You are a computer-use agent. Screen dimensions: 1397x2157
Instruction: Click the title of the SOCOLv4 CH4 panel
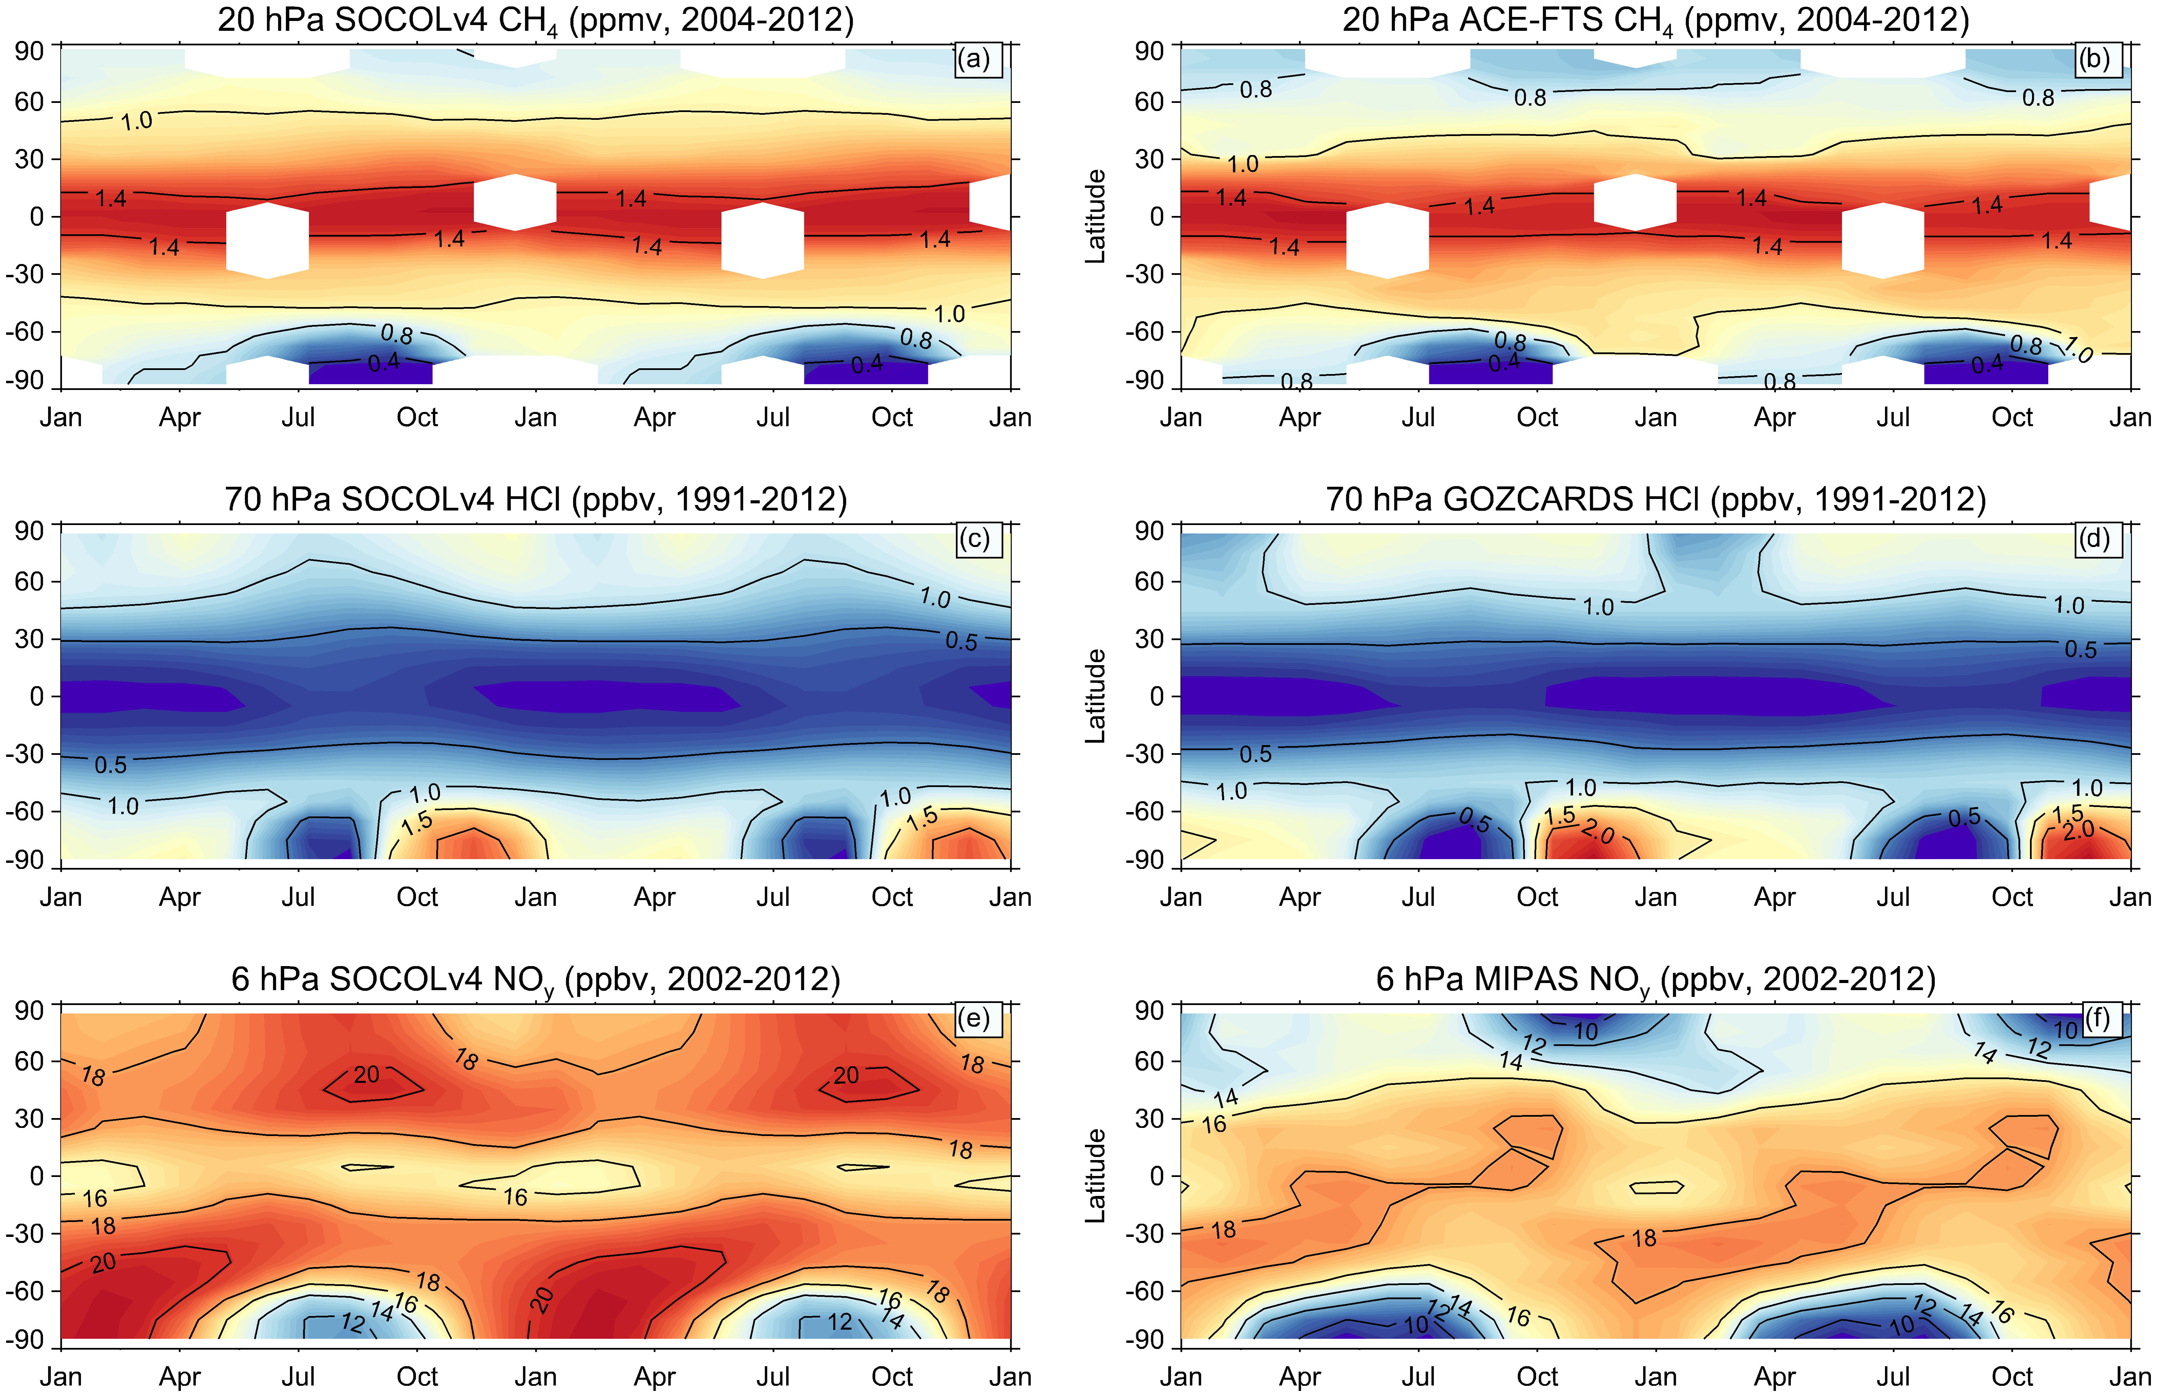[x=536, y=20]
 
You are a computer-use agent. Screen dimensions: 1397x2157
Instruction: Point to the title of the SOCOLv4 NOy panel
[x=536, y=980]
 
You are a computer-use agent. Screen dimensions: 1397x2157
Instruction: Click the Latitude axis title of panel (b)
[x=1096, y=217]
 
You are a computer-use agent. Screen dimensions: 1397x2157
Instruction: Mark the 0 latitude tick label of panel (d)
[x=1157, y=697]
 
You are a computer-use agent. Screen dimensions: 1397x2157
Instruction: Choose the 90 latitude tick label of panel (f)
[x=1149, y=1010]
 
